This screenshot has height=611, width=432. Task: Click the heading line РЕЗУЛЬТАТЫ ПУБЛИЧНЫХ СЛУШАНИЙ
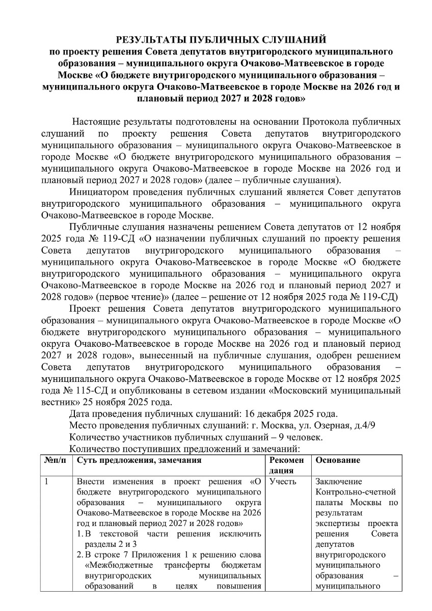221,40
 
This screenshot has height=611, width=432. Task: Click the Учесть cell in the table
283,481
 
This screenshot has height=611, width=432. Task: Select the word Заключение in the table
339,481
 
